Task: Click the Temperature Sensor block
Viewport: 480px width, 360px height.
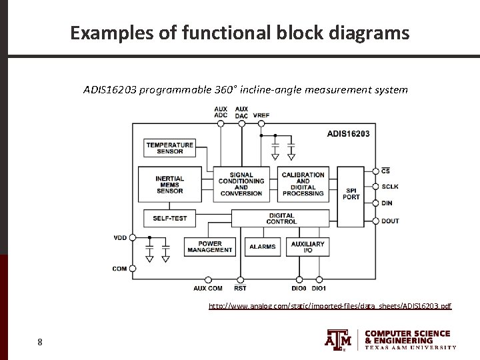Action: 170,148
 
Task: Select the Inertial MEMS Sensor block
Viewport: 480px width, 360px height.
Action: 170,185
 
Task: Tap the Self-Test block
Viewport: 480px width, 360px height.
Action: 170,218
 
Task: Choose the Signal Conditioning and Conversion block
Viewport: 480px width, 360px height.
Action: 241,185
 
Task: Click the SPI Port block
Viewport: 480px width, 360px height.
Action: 351,193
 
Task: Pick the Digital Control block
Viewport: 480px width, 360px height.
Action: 281,218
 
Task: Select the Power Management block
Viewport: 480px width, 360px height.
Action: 210,247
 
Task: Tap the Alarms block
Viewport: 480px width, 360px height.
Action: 262,247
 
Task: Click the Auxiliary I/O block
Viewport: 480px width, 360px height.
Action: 307,247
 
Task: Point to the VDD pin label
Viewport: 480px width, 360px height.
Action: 120,237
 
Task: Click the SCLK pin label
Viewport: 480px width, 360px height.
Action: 390,187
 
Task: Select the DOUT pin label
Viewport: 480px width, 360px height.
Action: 390,221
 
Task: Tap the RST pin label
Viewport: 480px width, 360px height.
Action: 240,288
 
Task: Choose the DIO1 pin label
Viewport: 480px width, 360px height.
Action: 319,288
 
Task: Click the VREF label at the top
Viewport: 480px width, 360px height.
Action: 261,115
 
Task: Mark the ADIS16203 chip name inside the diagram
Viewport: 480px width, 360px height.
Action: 347,134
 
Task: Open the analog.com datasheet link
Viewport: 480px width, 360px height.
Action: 330,306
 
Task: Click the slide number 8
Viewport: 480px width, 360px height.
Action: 40,343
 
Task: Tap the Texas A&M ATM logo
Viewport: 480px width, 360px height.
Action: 338,339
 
